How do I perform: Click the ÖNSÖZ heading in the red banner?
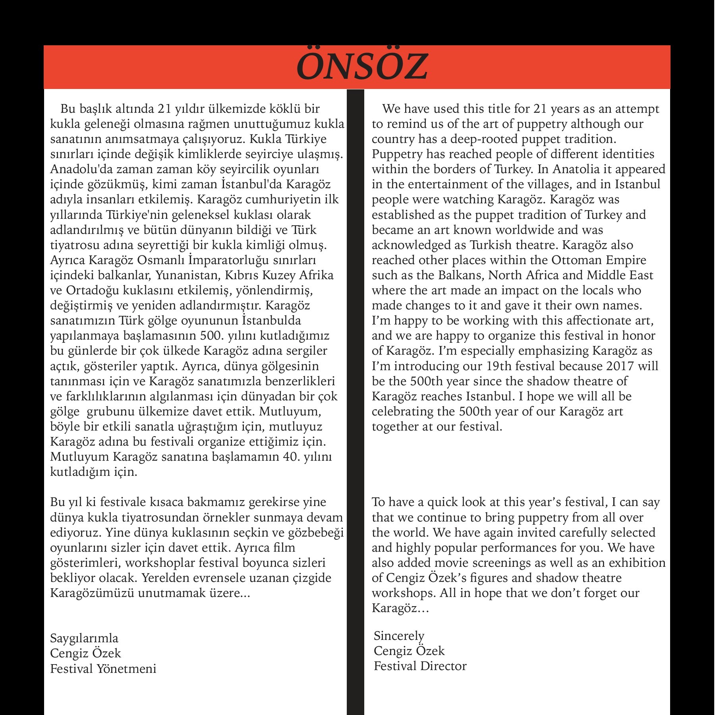pos(362,67)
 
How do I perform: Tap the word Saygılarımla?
pos(84,638)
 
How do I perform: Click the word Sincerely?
pos(399,636)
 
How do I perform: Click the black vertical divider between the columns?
pos(356,397)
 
